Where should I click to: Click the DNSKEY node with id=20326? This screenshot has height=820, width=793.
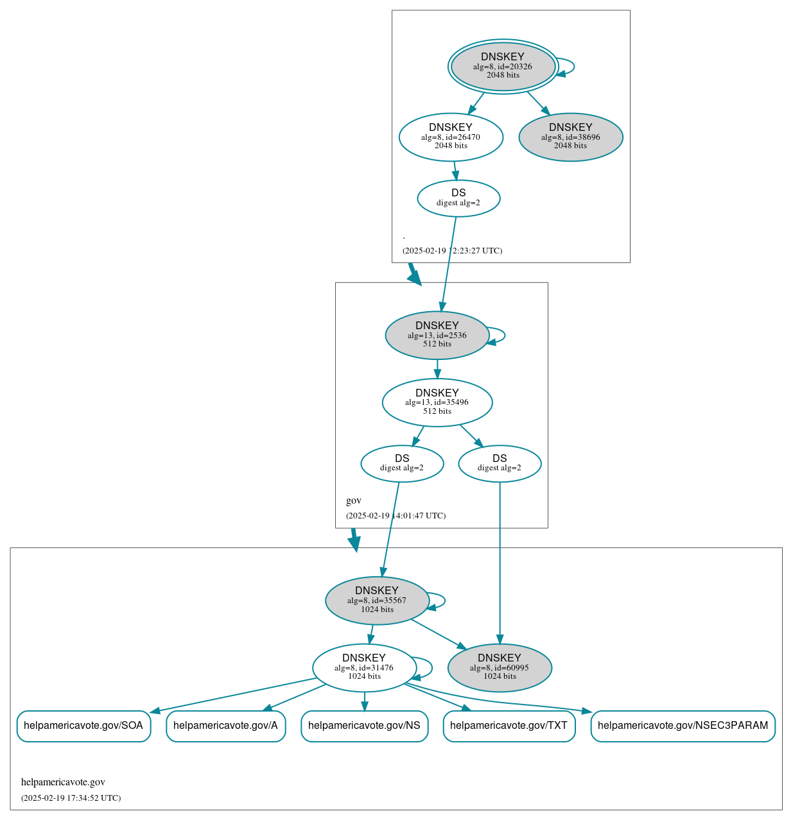[x=503, y=66]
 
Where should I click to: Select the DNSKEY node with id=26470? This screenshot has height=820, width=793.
[x=451, y=137]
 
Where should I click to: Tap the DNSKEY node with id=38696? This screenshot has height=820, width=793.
[x=570, y=137]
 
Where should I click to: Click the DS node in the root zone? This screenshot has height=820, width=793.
[x=458, y=198]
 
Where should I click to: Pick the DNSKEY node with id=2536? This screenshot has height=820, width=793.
[x=437, y=335]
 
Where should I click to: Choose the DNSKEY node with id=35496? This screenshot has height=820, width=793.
[x=437, y=402]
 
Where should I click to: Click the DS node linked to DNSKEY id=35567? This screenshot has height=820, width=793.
[x=402, y=463]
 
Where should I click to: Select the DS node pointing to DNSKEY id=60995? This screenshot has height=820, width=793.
[x=500, y=463]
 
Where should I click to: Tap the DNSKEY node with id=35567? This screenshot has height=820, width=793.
[x=377, y=601]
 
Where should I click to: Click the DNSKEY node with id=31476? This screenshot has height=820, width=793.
[x=364, y=667]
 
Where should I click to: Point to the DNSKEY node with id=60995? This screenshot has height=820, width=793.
[x=500, y=667]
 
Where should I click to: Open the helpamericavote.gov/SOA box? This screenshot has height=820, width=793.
[x=83, y=726]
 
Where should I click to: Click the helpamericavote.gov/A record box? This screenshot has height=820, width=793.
[x=225, y=726]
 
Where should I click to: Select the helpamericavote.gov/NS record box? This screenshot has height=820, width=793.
[x=364, y=726]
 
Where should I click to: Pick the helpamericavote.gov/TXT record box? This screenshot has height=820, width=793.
[x=509, y=726]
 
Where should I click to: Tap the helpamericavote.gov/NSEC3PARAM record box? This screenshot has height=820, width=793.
[x=683, y=726]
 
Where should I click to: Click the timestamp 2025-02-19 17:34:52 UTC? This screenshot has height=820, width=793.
[x=71, y=798]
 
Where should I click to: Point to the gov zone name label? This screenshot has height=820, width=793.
[x=354, y=500]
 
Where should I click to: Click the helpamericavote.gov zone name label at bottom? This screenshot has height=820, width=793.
[x=63, y=782]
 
